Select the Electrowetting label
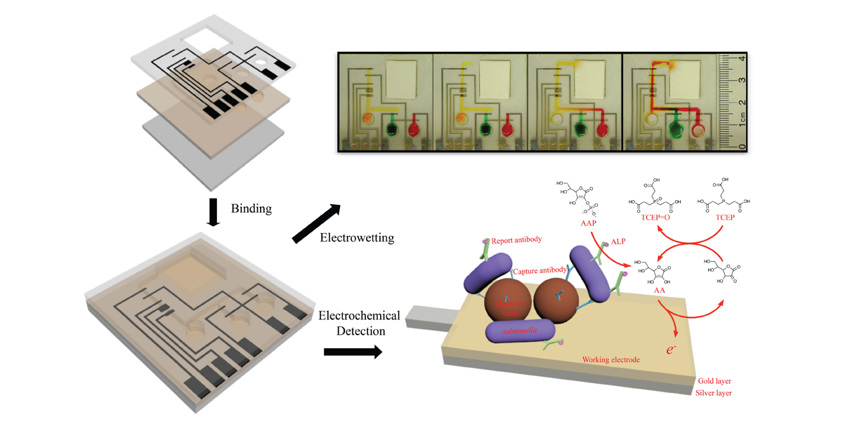click(x=357, y=238)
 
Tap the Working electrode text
click(x=610, y=360)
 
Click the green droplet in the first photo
click(x=392, y=129)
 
